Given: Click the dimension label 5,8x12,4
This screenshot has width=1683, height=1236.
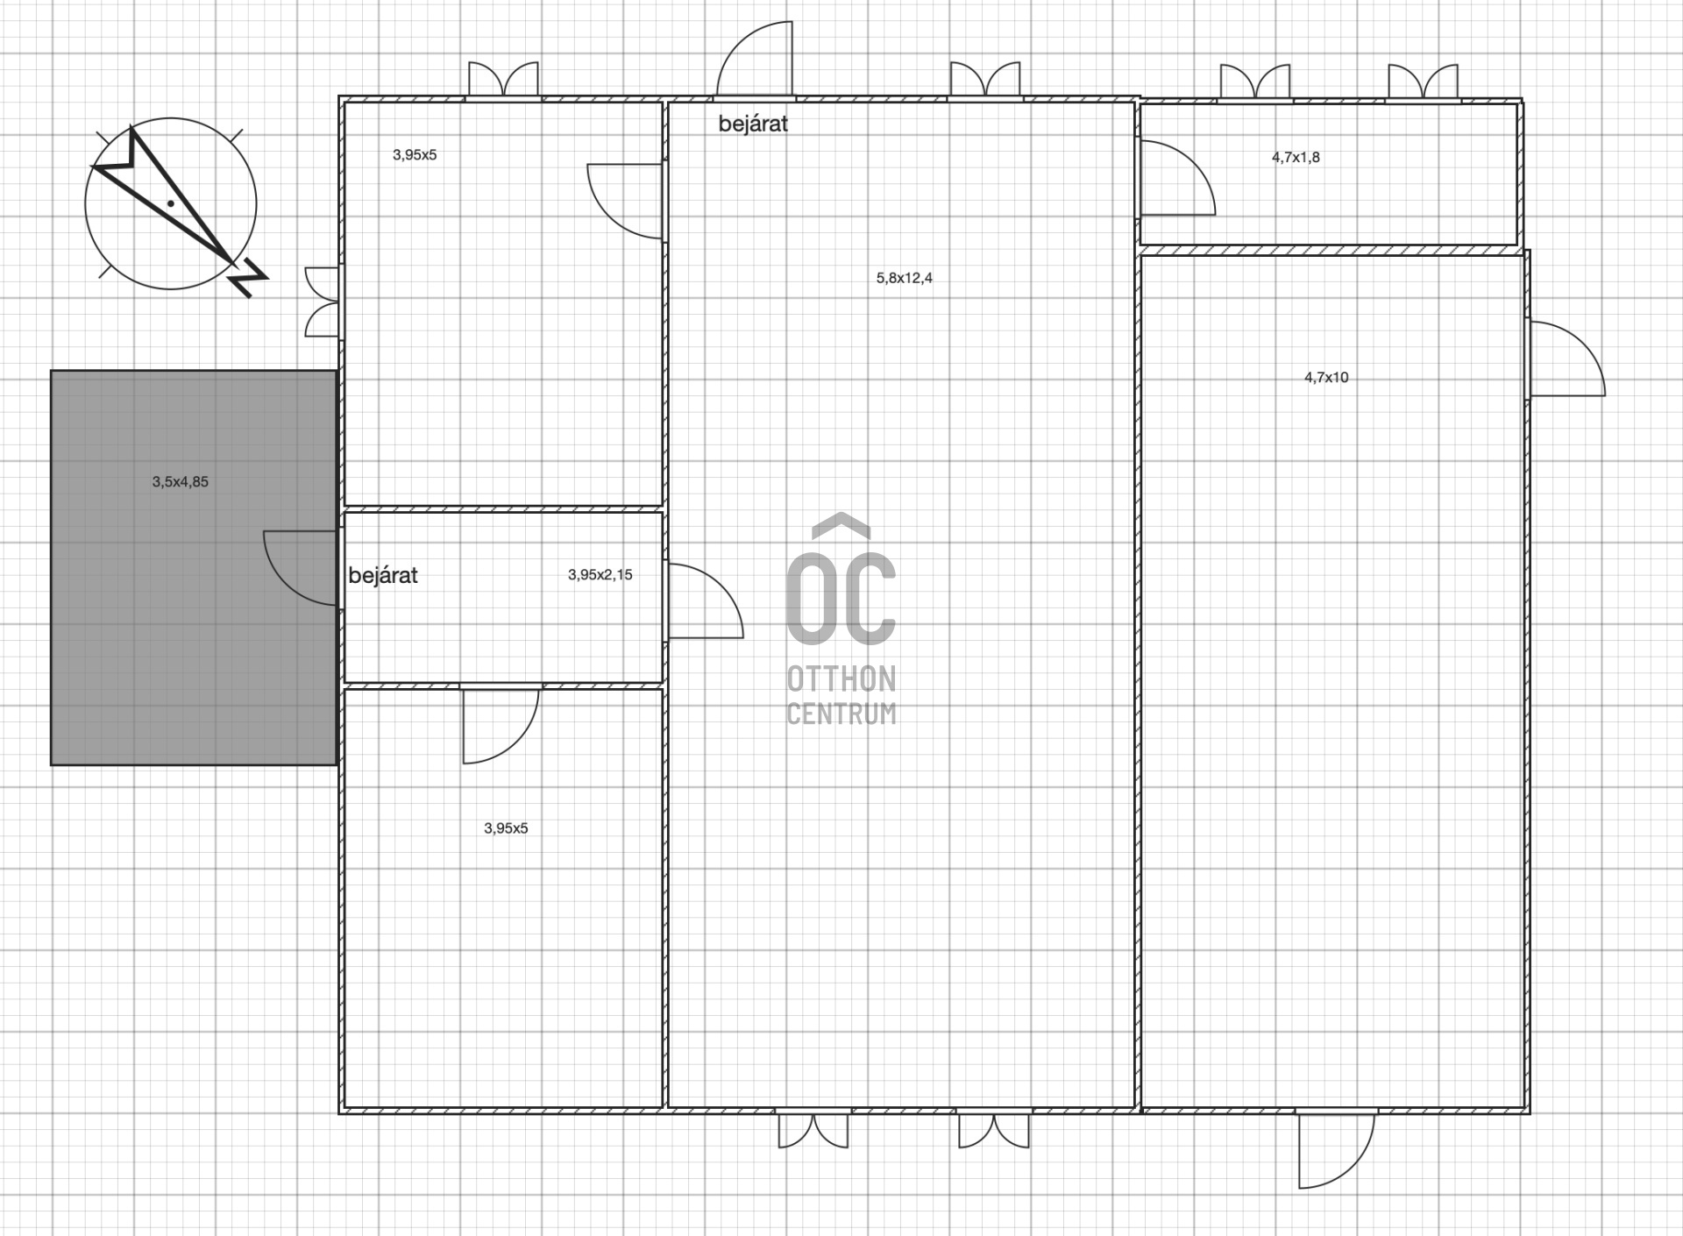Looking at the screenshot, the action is click(905, 278).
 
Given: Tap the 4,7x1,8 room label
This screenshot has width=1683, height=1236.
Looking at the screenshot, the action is click(1296, 157).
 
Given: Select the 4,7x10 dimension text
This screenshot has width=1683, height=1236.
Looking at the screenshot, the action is click(1326, 378).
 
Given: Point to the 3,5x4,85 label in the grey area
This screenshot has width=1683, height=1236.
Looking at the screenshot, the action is click(181, 481).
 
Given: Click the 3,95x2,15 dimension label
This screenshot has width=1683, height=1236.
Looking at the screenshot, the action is click(600, 575).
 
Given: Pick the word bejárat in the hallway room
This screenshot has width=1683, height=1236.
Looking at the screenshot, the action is click(383, 575).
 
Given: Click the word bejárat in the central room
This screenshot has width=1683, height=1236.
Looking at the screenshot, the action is click(753, 124).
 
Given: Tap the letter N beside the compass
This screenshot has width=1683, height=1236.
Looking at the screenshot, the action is click(248, 277).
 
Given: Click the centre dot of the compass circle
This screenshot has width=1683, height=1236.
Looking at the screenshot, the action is click(171, 203).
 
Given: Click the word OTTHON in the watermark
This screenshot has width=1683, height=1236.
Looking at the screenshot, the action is click(841, 678).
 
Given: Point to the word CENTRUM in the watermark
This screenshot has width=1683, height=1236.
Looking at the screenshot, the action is click(841, 713).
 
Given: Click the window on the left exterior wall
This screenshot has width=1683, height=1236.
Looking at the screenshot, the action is click(322, 302).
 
